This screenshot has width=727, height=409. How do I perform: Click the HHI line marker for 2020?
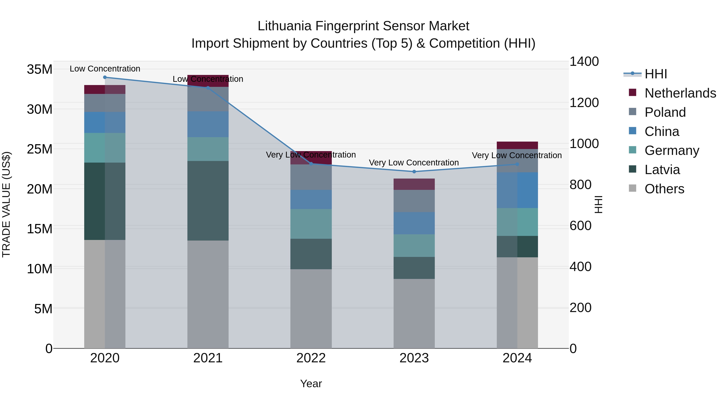105,77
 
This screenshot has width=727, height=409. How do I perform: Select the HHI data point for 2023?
414,172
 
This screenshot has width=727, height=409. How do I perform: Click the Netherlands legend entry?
680,93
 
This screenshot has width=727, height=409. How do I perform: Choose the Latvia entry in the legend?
662,170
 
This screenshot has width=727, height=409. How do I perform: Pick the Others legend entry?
664,189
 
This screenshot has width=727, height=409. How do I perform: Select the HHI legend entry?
656,74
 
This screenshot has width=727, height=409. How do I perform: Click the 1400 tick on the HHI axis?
584,62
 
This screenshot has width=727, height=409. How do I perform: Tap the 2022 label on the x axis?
311,358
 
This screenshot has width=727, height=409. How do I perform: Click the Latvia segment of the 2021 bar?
208,201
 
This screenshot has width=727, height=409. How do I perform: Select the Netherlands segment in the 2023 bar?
414,184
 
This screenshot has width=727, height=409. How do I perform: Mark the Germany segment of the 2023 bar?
414,246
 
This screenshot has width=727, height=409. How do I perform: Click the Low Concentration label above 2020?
105,69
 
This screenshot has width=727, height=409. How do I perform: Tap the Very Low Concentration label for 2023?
414,163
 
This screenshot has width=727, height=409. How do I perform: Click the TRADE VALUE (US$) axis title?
6,204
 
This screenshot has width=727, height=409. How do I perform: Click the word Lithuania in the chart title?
285,26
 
